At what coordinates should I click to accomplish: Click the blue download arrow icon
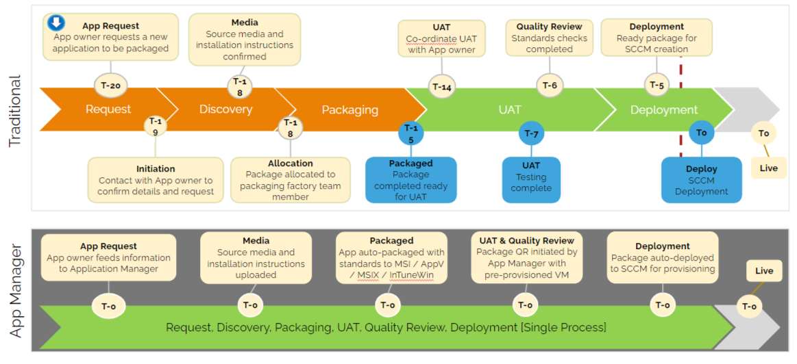click(56, 23)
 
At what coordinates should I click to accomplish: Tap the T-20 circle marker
click(110, 86)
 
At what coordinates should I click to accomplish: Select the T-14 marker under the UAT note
click(442, 87)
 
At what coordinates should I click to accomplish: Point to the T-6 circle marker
click(550, 86)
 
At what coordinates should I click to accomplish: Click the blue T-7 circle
click(531, 133)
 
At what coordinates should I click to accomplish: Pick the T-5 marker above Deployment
click(656, 86)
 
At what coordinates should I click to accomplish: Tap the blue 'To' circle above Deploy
click(701, 133)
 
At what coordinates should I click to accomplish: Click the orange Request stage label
click(108, 109)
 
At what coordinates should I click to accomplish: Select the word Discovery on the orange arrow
click(225, 109)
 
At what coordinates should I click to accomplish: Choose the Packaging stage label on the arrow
click(350, 109)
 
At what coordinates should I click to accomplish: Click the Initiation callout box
click(156, 180)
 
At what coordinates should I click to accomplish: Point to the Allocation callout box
click(291, 180)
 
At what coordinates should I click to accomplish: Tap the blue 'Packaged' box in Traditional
click(410, 180)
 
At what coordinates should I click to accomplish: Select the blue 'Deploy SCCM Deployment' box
click(701, 180)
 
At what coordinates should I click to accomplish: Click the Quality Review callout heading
click(549, 27)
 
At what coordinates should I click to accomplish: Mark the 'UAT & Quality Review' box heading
click(526, 241)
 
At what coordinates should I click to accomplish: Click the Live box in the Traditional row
click(768, 168)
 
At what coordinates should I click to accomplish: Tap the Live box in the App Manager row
click(764, 271)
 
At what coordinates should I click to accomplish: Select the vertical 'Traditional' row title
click(15, 112)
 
